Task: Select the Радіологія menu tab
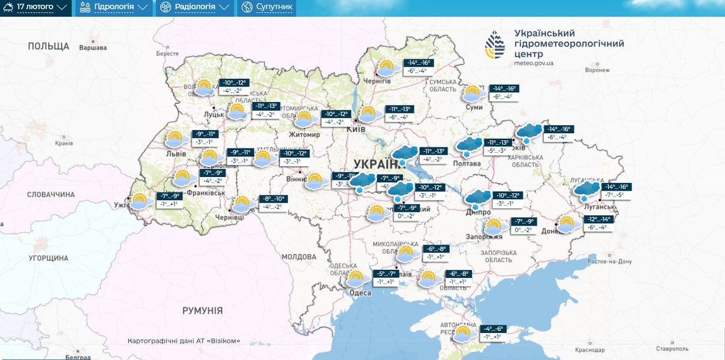(194, 8)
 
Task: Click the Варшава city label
(92, 47)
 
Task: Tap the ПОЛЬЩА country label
(48, 46)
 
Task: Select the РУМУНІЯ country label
(202, 310)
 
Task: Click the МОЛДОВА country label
(298, 257)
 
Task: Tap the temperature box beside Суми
(503, 92)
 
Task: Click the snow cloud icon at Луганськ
(586, 191)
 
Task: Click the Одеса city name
(360, 293)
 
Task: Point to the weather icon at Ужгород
(142, 201)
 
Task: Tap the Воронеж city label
(597, 70)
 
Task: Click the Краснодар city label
(589, 350)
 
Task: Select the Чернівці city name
(228, 217)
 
